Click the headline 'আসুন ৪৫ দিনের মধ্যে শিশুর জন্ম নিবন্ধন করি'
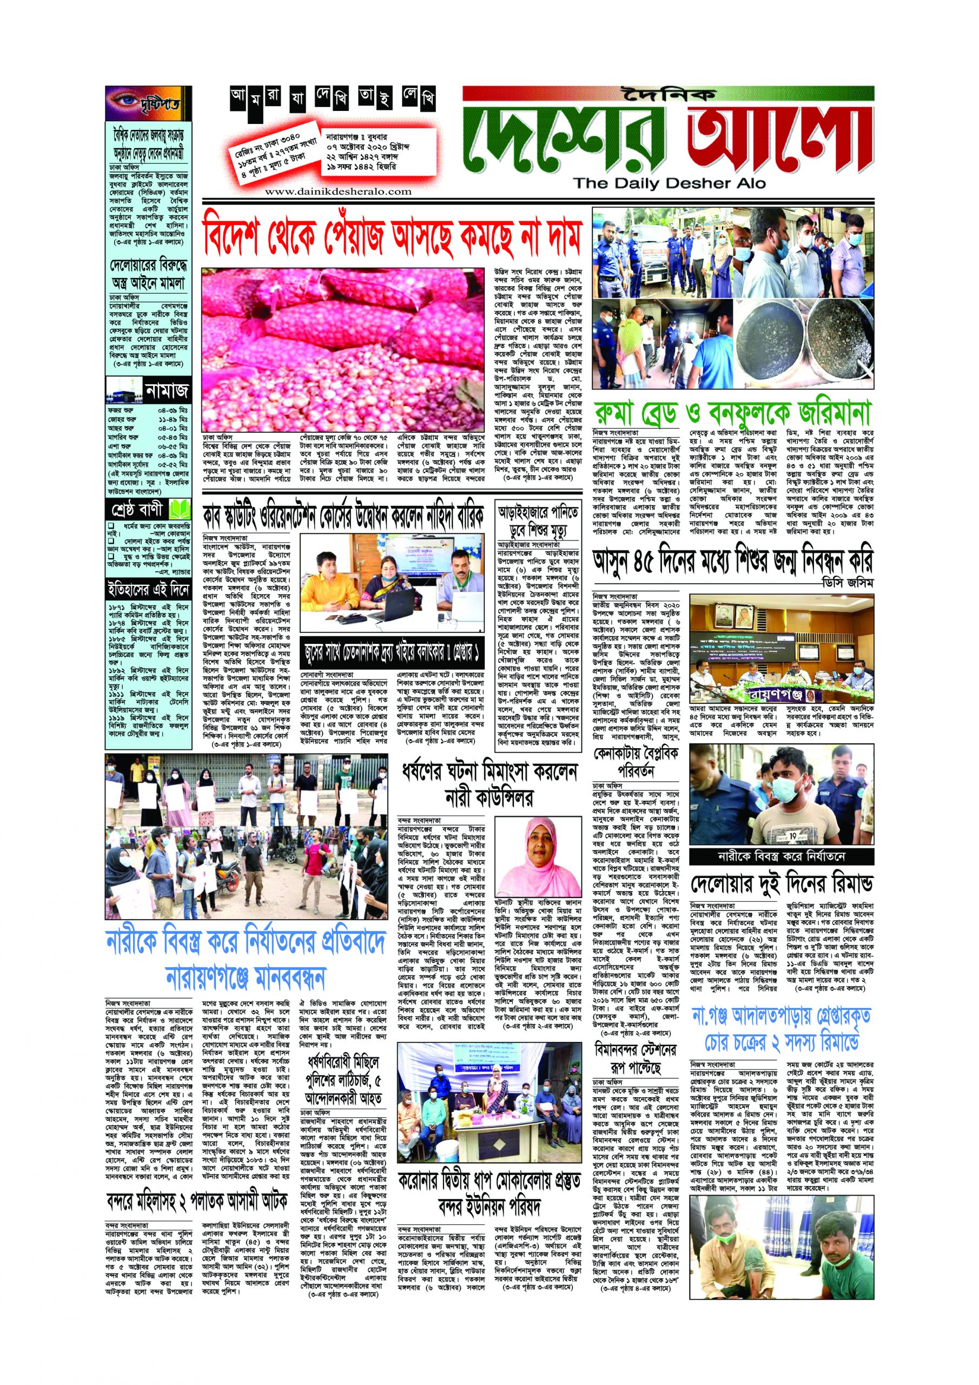tap(732, 564)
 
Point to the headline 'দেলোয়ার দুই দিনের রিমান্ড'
tap(782, 885)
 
